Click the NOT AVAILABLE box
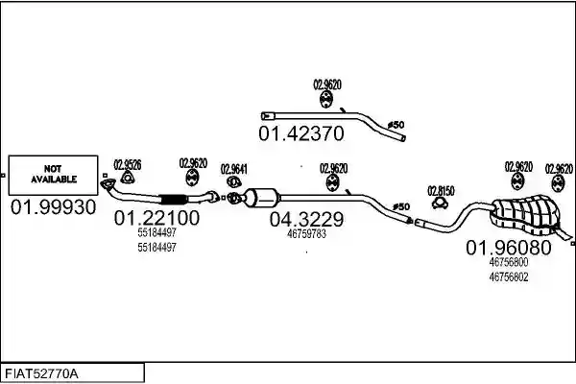click(53, 175)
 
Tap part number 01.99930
click(53, 207)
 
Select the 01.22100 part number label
click(156, 218)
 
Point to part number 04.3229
click(307, 220)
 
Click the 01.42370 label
click(301, 133)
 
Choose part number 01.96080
click(509, 248)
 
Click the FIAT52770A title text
click(41, 374)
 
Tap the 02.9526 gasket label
click(128, 164)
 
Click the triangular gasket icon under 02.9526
click(127, 178)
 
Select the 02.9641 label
click(234, 169)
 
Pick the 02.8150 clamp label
click(441, 191)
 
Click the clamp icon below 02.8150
click(440, 204)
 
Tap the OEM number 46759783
click(307, 234)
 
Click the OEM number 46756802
click(509, 276)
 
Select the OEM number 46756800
click(509, 262)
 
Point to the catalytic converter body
click(261, 198)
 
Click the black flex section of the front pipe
click(174, 199)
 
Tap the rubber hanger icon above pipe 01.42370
click(325, 99)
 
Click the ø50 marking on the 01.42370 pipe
click(396, 125)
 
